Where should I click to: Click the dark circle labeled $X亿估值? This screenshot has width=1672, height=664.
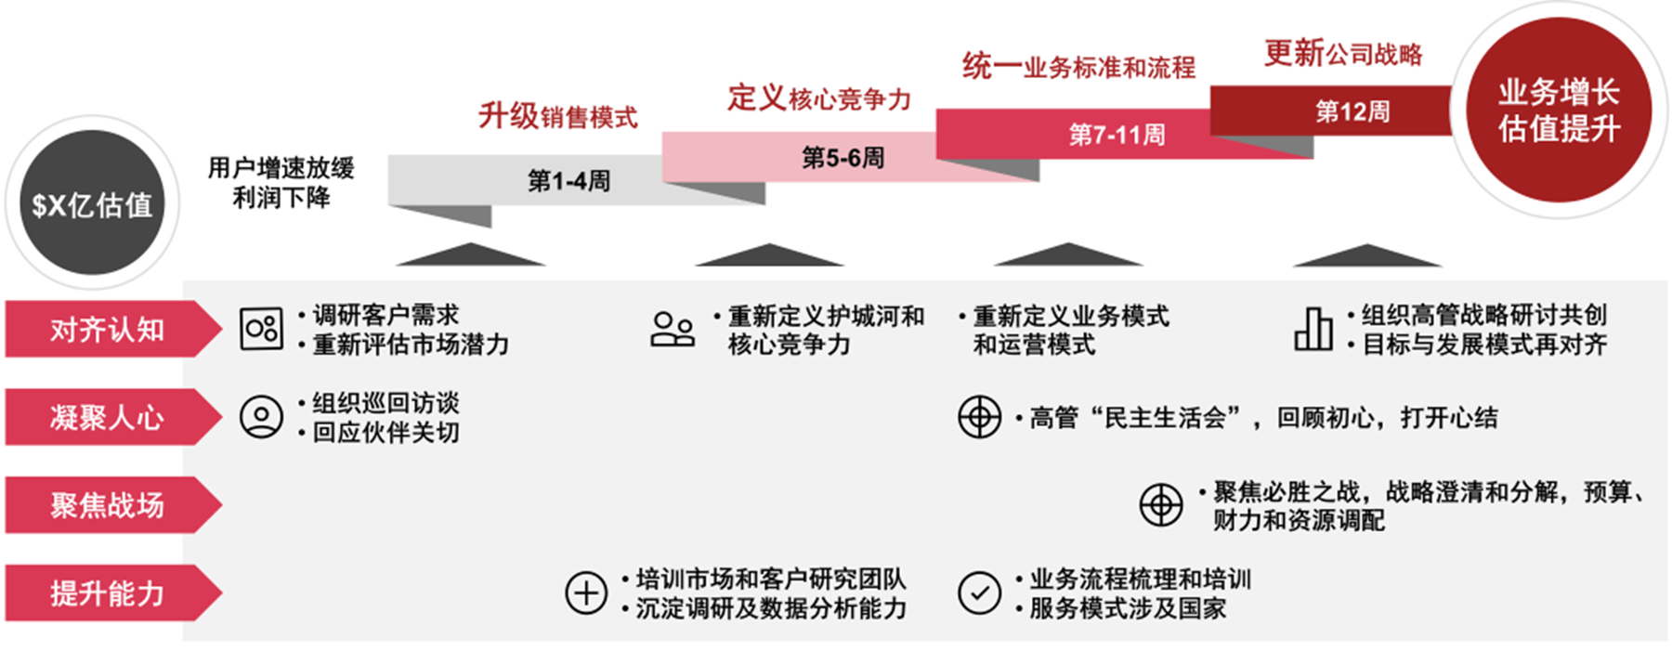[92, 203]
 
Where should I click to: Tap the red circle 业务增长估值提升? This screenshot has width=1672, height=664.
[1558, 110]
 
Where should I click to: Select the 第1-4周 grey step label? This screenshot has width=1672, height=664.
[568, 180]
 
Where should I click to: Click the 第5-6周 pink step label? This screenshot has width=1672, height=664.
[843, 157]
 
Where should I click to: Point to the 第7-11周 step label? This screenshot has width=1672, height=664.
[1117, 134]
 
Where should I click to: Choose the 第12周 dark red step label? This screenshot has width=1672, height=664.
[1352, 111]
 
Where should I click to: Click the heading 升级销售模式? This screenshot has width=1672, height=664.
[557, 116]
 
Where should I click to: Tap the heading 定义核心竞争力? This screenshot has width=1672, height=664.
[818, 98]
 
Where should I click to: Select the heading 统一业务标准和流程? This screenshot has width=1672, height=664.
[1078, 66]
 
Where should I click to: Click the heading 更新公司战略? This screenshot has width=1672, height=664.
[1343, 53]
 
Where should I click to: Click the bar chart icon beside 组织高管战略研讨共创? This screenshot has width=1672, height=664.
[1313, 329]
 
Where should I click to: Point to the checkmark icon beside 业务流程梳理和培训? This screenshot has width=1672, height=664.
[979, 592]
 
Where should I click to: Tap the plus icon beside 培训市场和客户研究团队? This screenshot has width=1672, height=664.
[586, 592]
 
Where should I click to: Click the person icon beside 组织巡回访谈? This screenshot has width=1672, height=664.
[261, 417]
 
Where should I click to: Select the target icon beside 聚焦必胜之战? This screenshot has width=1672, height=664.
[1161, 505]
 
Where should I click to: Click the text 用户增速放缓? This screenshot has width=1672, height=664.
[281, 168]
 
